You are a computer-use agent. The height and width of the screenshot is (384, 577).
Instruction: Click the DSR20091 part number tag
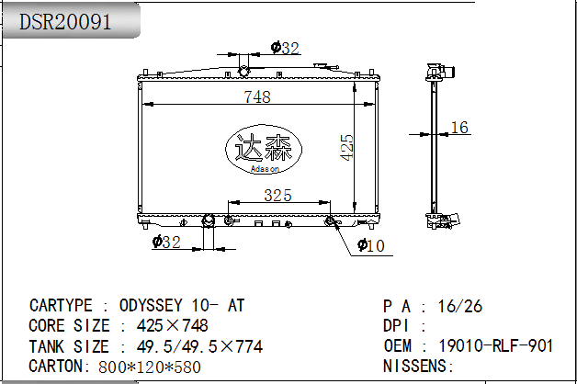coord(65,22)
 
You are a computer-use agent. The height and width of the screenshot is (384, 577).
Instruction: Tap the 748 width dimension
coord(257,96)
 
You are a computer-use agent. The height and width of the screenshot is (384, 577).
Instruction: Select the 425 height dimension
coord(346,148)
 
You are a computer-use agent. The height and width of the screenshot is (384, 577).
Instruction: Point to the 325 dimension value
coord(277,195)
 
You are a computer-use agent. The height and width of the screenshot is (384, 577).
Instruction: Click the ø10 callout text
coord(371,245)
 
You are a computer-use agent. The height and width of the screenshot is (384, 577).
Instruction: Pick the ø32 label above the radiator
coord(285,48)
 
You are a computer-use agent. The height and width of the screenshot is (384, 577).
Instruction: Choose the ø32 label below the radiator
coord(166,242)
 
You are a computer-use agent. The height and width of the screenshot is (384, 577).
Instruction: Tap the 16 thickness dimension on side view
coord(459,128)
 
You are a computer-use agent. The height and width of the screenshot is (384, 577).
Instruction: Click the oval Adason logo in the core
coord(264,149)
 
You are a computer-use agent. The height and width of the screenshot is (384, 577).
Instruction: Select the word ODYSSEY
coord(151,305)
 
